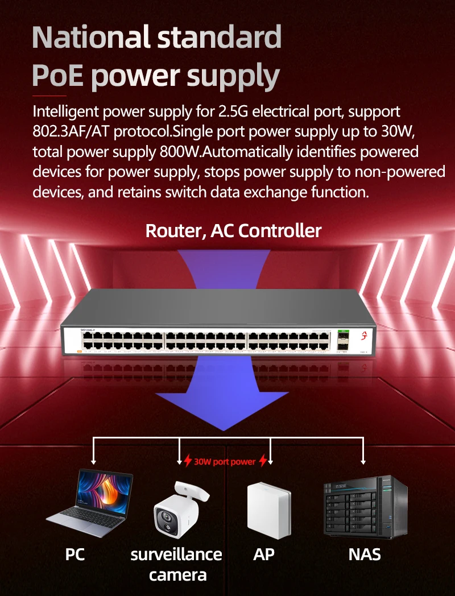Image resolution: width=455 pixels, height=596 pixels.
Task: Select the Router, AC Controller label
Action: coord(233,230)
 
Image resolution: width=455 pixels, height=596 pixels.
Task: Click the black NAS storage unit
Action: coord(366,506)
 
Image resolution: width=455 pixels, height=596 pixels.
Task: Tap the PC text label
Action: coord(75,554)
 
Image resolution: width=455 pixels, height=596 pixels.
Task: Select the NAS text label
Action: coord(365,554)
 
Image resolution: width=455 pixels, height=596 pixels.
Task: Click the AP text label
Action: coord(264,554)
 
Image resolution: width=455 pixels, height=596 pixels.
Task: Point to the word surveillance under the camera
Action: coord(176,554)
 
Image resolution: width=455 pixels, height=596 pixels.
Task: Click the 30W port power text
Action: coord(225,462)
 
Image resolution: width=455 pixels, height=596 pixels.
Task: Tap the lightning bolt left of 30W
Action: coord(188,461)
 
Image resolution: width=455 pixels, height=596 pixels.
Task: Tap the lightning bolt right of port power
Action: coord(263,461)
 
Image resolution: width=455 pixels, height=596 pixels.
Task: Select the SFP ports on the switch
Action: coord(343,342)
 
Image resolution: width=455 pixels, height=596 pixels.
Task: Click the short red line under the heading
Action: coord(49,96)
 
